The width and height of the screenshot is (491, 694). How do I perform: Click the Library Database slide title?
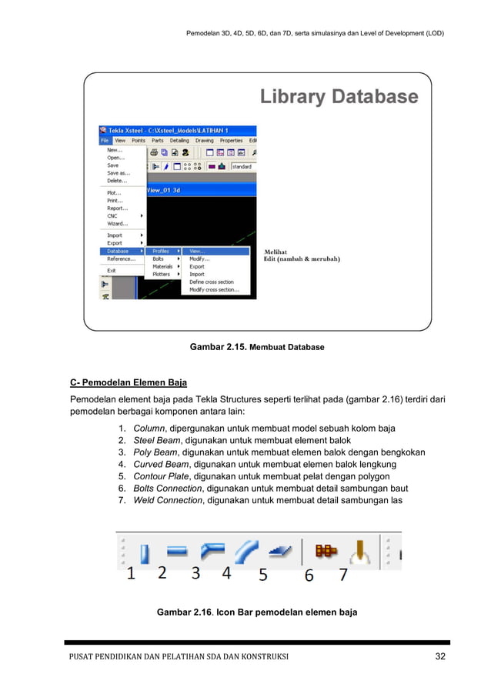point(339,97)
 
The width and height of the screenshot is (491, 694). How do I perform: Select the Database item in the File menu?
point(118,251)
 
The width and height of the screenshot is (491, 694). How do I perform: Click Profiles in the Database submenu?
point(161,251)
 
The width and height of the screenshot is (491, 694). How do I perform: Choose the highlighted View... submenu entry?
point(197,251)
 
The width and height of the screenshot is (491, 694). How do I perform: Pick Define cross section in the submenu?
point(212,282)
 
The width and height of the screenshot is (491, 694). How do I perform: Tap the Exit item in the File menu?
point(112,270)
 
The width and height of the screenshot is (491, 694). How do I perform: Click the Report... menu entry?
point(117,208)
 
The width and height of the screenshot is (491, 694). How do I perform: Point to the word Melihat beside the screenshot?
point(276,252)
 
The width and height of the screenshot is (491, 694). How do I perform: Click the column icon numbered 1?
point(144,552)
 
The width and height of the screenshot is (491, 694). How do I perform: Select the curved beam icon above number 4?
point(246,552)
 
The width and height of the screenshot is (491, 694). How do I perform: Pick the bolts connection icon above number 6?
point(327,552)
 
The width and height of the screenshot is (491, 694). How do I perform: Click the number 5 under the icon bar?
point(262,575)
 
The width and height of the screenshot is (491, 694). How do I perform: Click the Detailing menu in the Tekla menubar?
point(179,141)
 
